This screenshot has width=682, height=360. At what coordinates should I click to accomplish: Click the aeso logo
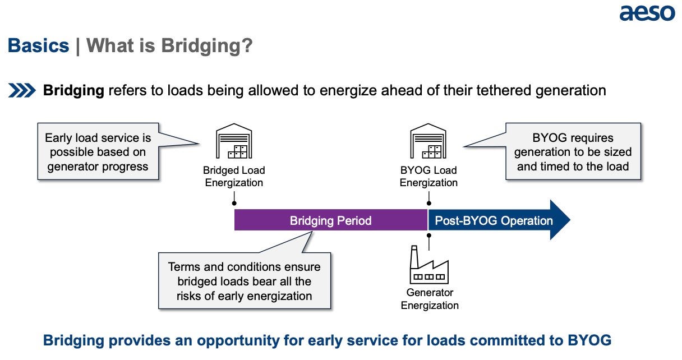click(647, 13)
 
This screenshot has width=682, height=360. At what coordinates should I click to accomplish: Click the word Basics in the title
click(38, 45)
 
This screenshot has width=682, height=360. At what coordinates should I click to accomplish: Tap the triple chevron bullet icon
click(22, 90)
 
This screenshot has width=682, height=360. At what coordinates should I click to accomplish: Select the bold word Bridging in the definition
click(73, 91)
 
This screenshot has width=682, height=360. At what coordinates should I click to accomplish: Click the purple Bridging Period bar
click(331, 220)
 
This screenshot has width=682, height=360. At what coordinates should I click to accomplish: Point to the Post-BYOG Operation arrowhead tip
click(570, 220)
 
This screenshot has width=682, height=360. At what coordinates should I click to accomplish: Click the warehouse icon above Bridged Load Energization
click(234, 141)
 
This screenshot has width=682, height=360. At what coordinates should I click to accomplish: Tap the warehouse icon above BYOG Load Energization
click(428, 141)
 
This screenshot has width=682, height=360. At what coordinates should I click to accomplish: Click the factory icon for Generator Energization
click(429, 265)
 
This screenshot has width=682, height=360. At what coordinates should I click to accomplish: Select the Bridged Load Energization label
click(234, 177)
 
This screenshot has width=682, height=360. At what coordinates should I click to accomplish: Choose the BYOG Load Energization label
click(428, 177)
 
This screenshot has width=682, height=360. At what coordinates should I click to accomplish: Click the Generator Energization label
click(430, 299)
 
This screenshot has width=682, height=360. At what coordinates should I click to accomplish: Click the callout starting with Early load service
click(98, 151)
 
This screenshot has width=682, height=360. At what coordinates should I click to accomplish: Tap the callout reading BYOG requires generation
click(573, 151)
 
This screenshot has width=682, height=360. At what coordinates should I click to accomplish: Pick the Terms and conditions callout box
click(245, 281)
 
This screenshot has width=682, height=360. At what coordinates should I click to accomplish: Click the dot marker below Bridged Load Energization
click(234, 203)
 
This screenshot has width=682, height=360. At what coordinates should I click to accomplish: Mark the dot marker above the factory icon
click(429, 235)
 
